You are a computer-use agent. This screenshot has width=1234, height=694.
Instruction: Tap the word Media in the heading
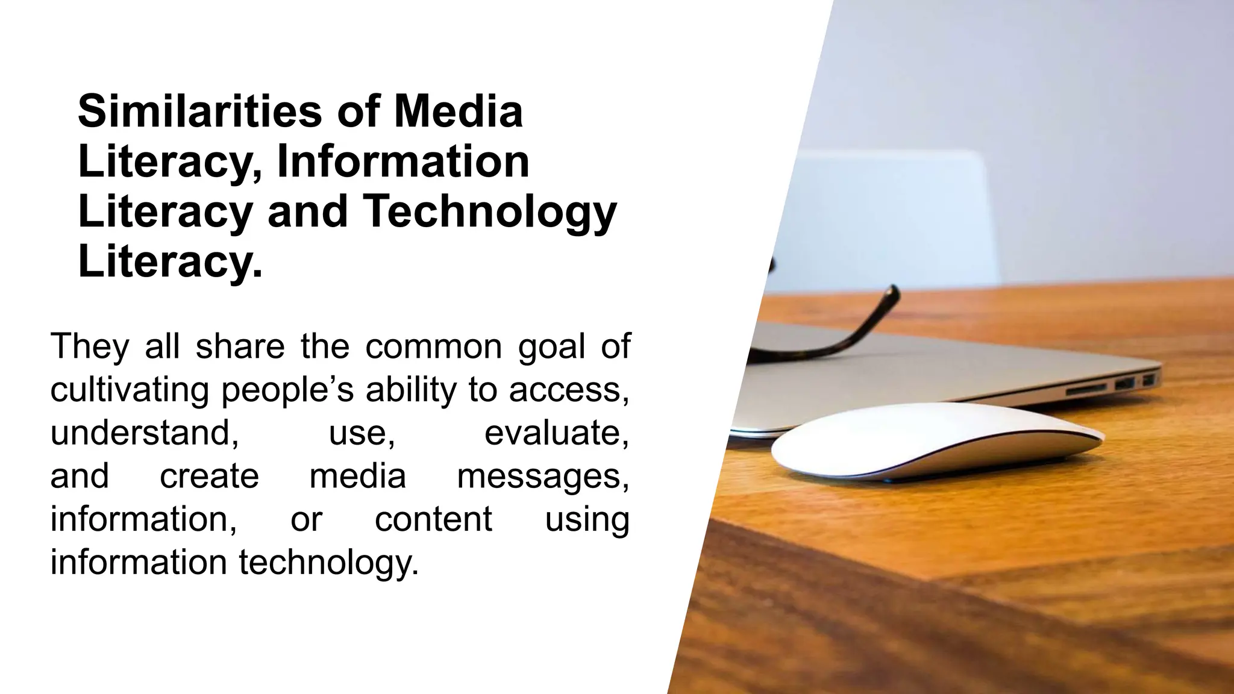pyautogui.click(x=458, y=111)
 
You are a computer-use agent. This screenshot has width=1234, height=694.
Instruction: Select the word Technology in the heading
pyautogui.click(x=490, y=211)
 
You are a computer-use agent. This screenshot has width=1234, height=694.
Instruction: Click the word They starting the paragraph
pyautogui.click(x=90, y=346)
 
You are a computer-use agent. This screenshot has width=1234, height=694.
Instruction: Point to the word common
pyautogui.click(x=433, y=346)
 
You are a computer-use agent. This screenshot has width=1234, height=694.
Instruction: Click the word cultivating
pyautogui.click(x=129, y=390)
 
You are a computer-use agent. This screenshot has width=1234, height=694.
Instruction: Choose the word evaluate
pyautogui.click(x=557, y=433)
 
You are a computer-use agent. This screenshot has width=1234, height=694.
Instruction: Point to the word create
pyautogui.click(x=209, y=476)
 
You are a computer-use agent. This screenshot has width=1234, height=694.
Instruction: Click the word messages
pyautogui.click(x=543, y=476)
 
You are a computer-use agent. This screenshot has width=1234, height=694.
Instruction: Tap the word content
pyautogui.click(x=433, y=519)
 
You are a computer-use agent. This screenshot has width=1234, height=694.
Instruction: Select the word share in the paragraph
pyautogui.click(x=240, y=346)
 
